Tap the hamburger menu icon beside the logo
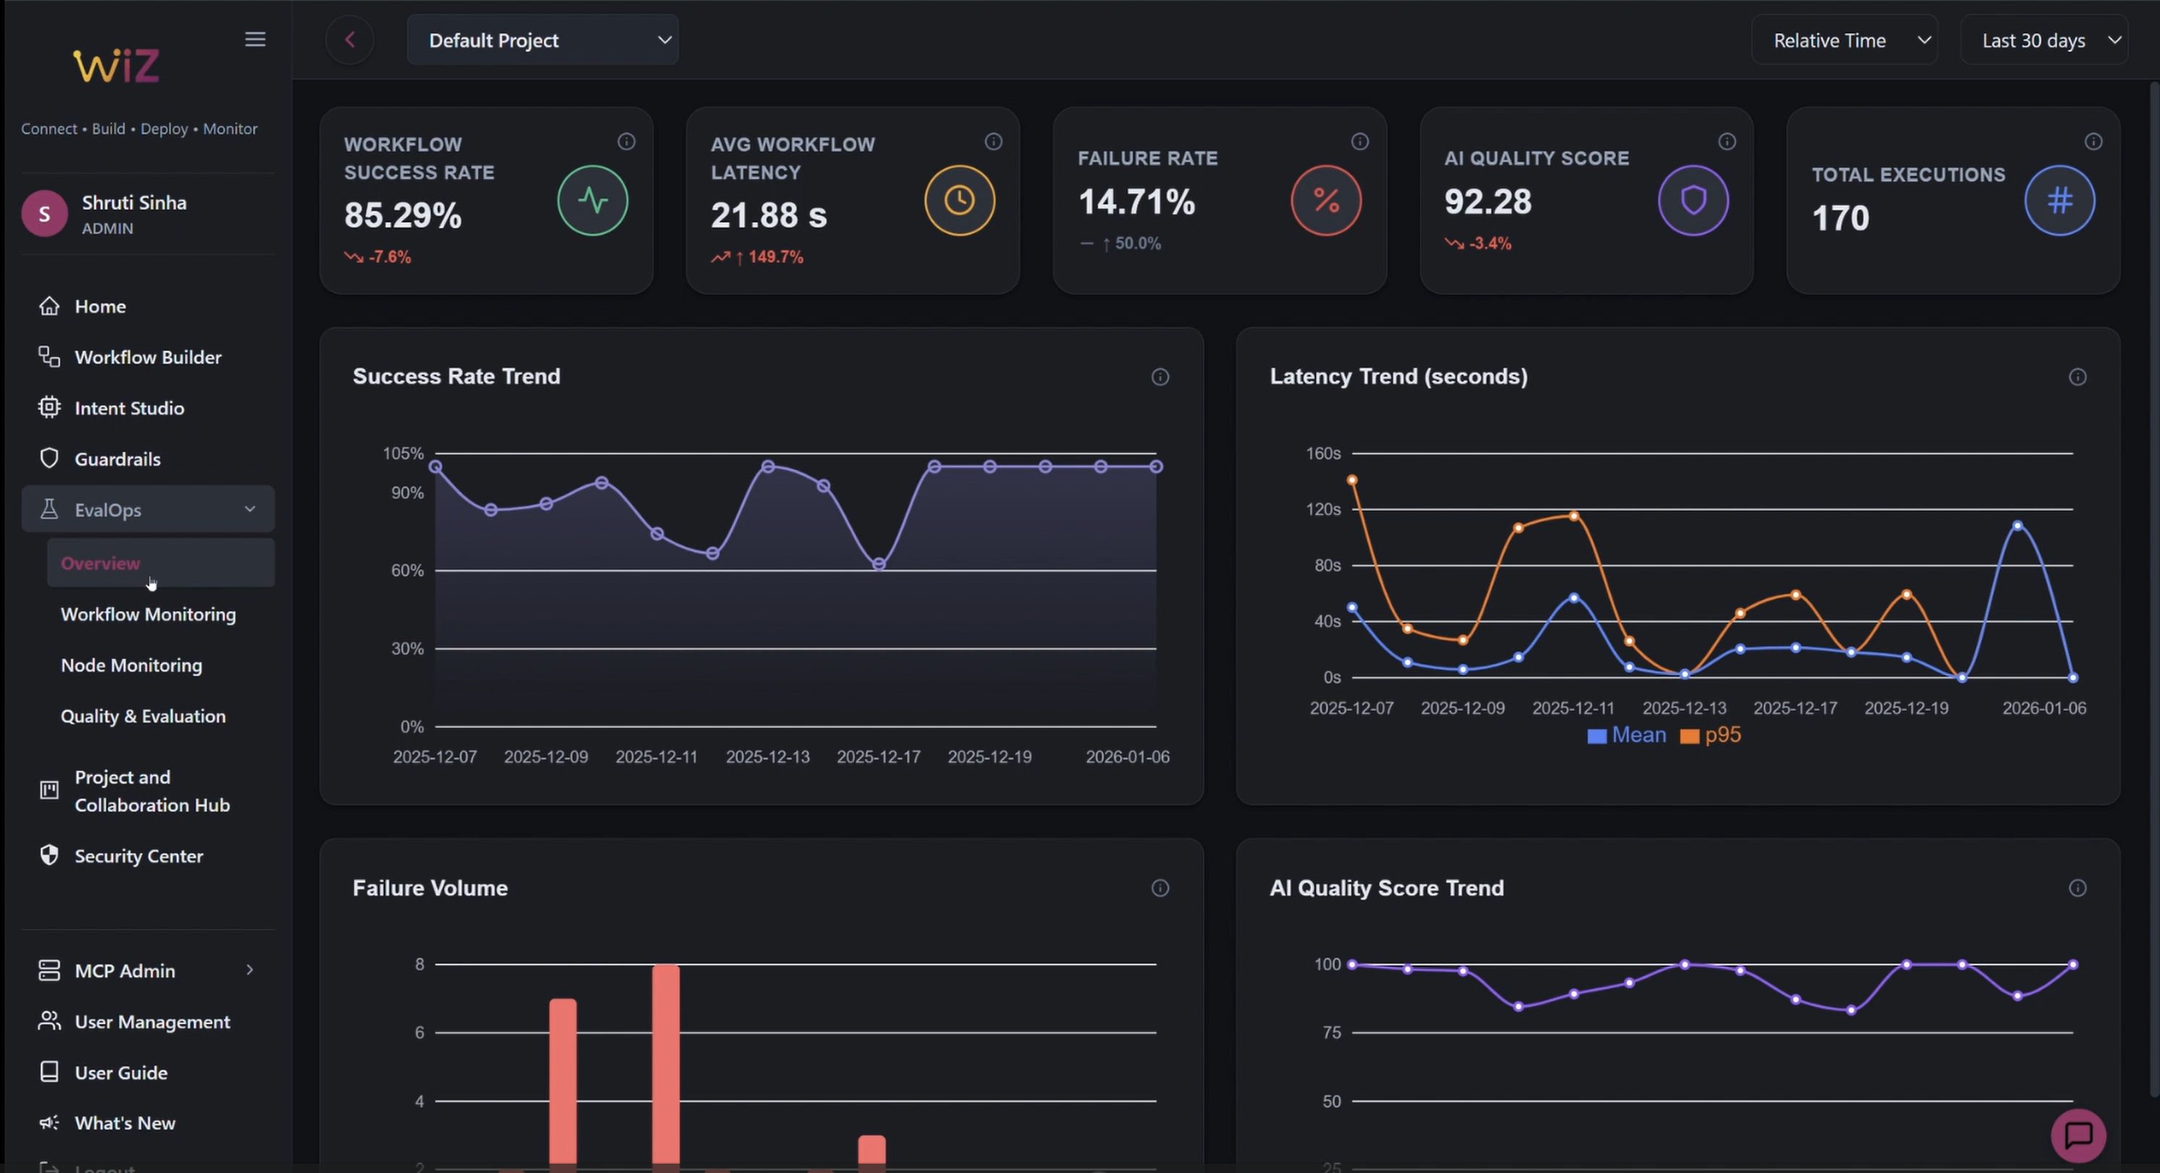click(255, 39)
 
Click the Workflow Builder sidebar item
click(148, 357)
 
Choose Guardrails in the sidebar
click(117, 459)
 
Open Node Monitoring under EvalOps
click(132, 665)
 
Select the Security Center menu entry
click(138, 855)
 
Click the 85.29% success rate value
click(402, 216)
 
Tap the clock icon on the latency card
click(960, 200)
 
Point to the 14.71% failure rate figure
click(1136, 202)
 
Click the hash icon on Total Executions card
click(2059, 200)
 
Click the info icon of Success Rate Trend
click(1160, 377)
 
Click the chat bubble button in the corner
click(2078, 1135)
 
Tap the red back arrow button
click(350, 39)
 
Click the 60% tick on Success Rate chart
click(407, 571)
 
